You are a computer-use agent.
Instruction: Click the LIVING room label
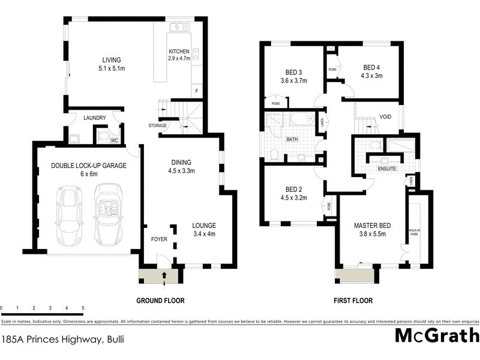click(x=112, y=60)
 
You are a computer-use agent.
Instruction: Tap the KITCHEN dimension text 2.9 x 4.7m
click(x=179, y=59)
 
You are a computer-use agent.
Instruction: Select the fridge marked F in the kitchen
click(x=195, y=91)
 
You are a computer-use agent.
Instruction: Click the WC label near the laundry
click(x=114, y=140)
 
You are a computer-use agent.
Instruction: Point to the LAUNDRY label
click(x=94, y=118)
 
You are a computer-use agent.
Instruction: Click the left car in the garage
click(x=70, y=215)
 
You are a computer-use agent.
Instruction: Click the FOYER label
click(x=159, y=239)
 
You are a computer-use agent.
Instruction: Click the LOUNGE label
click(x=203, y=226)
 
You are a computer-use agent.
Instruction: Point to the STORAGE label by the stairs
click(x=157, y=125)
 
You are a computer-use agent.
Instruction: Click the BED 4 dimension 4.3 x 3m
click(x=371, y=76)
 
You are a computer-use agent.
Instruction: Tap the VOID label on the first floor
click(x=386, y=118)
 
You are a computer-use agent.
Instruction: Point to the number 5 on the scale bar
click(x=82, y=307)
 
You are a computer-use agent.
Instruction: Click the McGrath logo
click(x=437, y=335)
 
